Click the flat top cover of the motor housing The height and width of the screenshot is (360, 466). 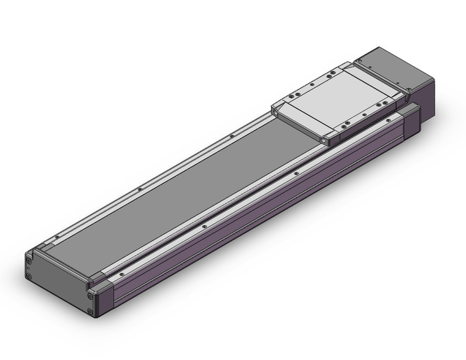click(x=393, y=64)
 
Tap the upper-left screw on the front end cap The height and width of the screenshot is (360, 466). click(x=29, y=258)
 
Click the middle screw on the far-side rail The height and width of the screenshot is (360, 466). click(x=141, y=189)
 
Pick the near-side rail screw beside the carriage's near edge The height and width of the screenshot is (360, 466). click(x=297, y=174)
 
